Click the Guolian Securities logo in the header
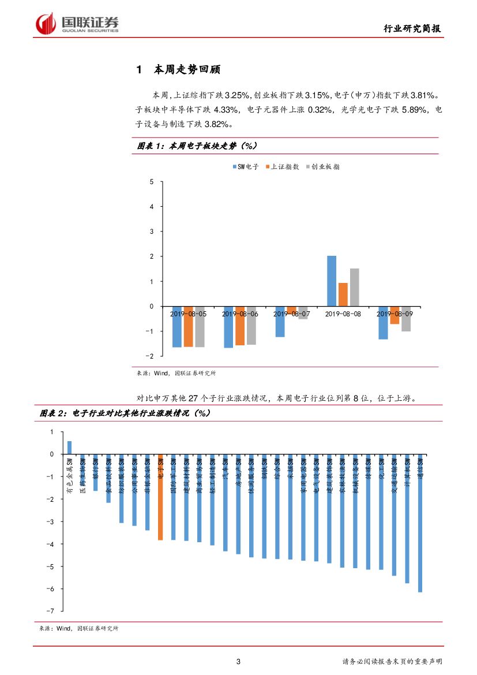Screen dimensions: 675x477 pyautogui.click(x=77, y=24)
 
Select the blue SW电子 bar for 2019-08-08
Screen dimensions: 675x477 pyautogui.click(x=332, y=281)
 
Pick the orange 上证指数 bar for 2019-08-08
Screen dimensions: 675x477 pyautogui.click(x=343, y=294)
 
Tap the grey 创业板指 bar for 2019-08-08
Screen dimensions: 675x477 pyautogui.click(x=355, y=287)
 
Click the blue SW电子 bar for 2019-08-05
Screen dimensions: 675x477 pyautogui.click(x=177, y=327)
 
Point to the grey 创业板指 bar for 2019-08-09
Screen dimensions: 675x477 pyautogui.click(x=406, y=319)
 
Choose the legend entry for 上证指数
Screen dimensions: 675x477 pyautogui.click(x=282, y=167)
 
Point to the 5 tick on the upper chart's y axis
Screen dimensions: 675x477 pyautogui.click(x=152, y=182)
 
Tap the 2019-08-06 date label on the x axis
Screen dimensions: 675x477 pyautogui.click(x=240, y=314)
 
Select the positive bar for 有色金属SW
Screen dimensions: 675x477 pyautogui.click(x=69, y=447)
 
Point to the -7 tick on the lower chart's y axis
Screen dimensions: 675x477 pyautogui.click(x=51, y=611)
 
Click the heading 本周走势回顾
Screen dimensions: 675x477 pyautogui.click(x=187, y=70)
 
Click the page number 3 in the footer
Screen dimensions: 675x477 pyautogui.click(x=239, y=662)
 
